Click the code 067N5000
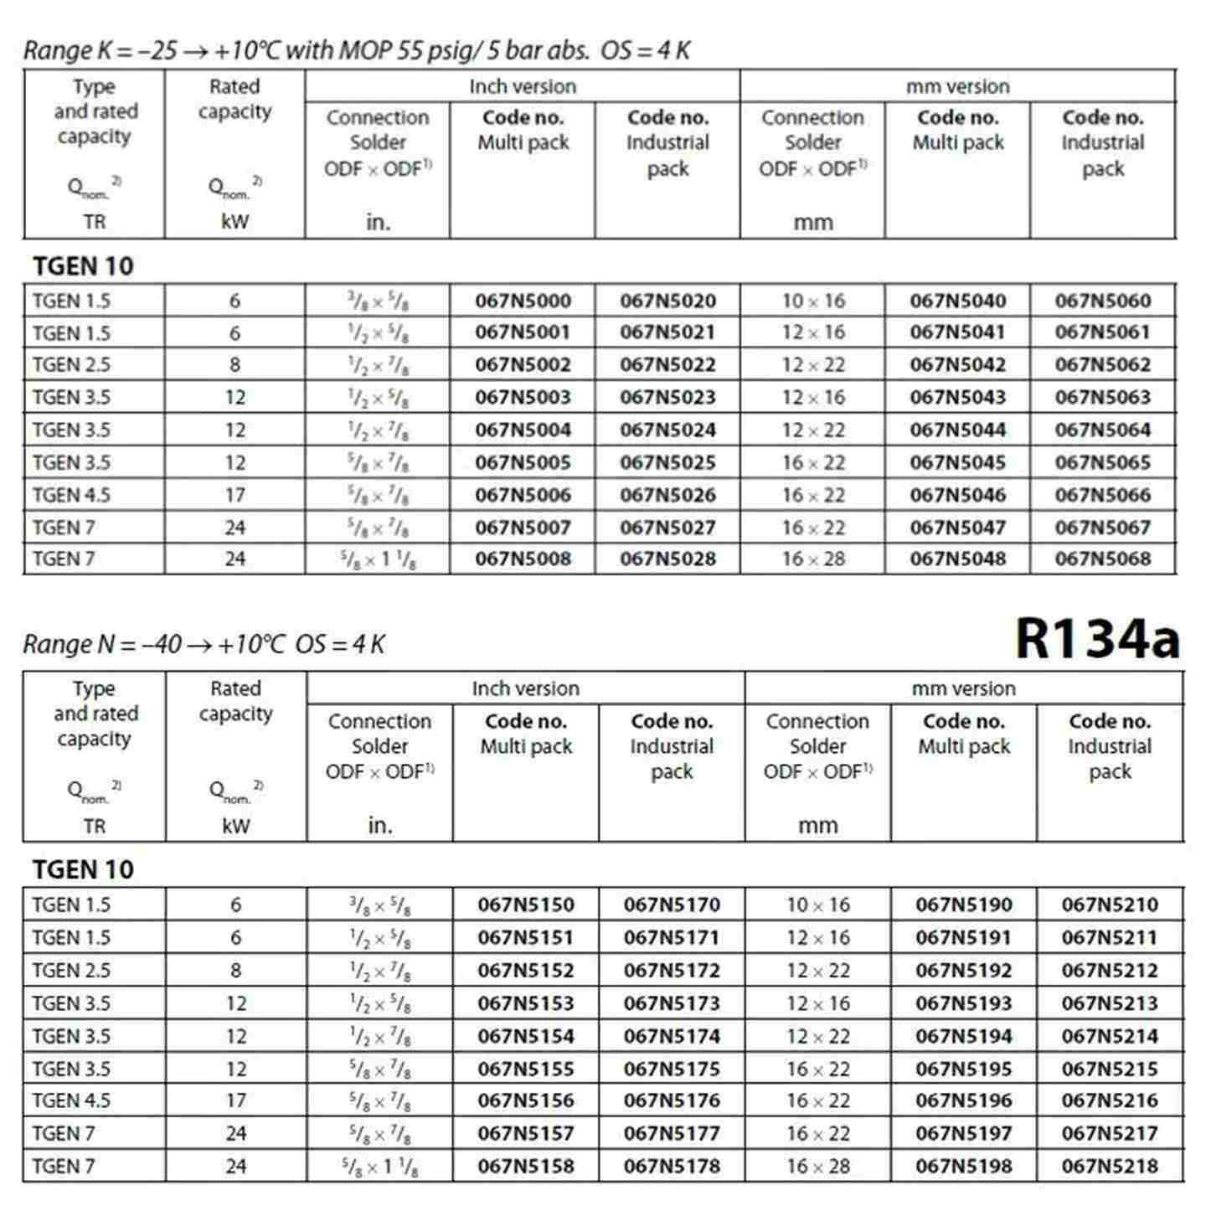tap(523, 301)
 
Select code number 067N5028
tap(667, 559)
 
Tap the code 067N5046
tap(957, 495)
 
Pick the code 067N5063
tap(1102, 397)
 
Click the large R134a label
tap(1097, 639)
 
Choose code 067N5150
tap(526, 904)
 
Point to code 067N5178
tap(672, 1166)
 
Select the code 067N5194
tap(963, 1036)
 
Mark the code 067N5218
tap(1110, 1166)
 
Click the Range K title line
tap(356, 51)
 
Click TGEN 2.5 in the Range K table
tap(71, 365)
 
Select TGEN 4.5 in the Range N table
tap(71, 1100)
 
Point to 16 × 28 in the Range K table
tap(812, 559)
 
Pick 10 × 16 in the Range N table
tap(817, 904)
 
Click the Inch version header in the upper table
tap(523, 86)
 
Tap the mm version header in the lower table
tap(963, 688)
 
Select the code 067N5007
tap(523, 528)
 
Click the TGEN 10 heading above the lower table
tap(83, 869)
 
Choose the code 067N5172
tap(672, 971)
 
